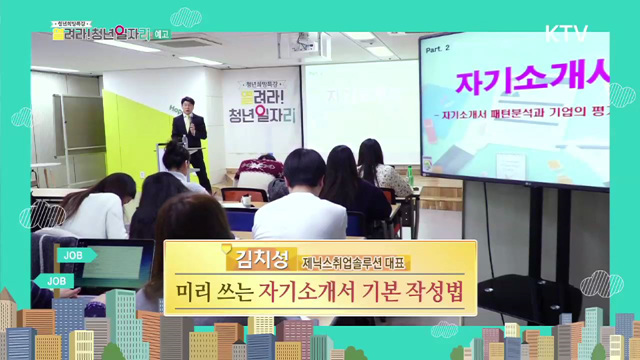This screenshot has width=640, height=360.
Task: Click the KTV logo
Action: pos(566,32)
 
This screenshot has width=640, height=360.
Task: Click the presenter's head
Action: pos(188,104)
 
